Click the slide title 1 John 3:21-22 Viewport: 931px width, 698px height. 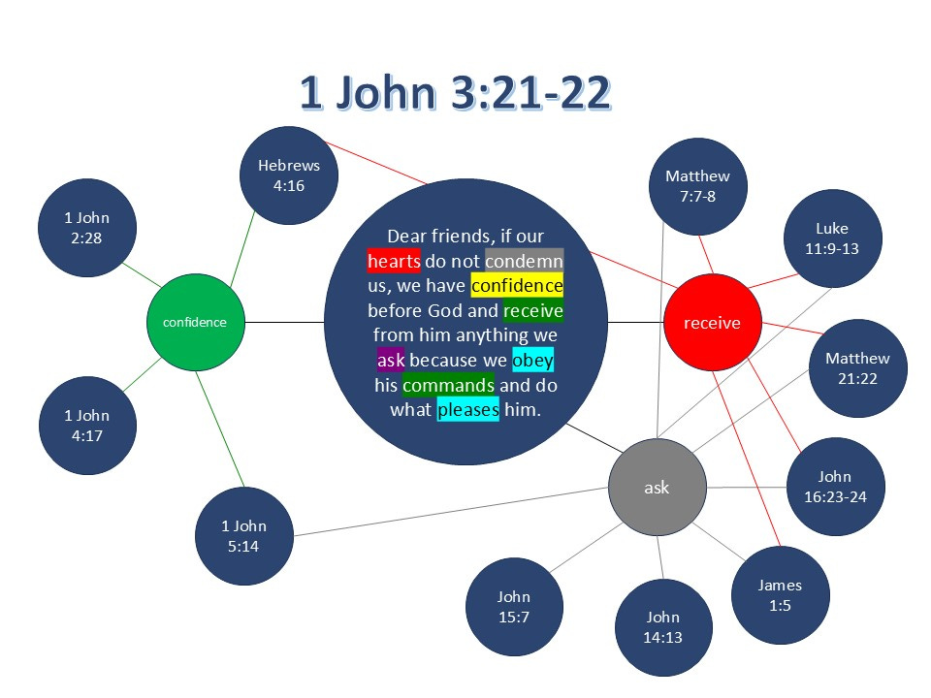coord(455,93)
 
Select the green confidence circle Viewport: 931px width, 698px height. coord(195,322)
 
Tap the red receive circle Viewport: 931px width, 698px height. coord(711,323)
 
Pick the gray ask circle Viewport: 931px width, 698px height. coord(657,488)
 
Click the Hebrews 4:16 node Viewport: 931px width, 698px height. coord(288,175)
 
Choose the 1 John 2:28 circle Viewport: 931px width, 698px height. coord(87,228)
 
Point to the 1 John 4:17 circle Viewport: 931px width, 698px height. coord(87,425)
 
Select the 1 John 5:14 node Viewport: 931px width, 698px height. coord(243,536)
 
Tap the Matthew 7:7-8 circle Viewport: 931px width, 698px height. coord(697,186)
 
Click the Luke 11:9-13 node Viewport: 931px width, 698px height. coord(831,238)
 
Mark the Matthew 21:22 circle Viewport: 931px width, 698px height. coord(856,368)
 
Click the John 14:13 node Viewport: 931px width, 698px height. coord(663,627)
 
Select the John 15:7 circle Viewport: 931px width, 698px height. coord(514,608)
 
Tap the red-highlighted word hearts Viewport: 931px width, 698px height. coord(394,261)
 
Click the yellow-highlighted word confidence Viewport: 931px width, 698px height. coord(517,286)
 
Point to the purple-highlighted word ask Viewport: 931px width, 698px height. coord(390,362)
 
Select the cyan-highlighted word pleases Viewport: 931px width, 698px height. coord(467,410)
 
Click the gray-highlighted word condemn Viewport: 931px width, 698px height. coord(524,261)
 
